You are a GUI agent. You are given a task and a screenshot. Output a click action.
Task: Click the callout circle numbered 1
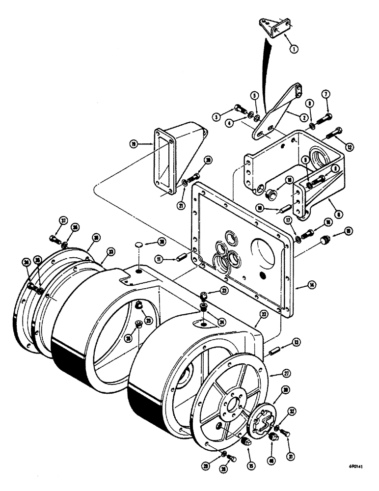(x=294, y=49)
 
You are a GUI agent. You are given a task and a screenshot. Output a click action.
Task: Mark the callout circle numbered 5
(x=254, y=95)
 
